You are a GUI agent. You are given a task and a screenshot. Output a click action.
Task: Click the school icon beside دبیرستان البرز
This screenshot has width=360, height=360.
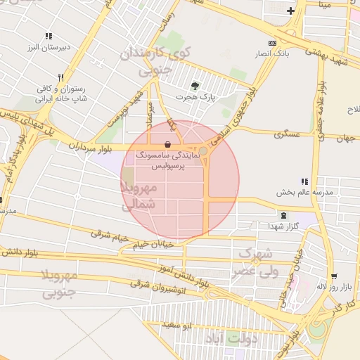click(49, 36)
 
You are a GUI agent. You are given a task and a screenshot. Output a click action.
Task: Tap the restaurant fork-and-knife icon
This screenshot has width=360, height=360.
click(62, 78)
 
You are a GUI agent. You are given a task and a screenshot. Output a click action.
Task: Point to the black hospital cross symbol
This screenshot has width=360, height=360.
click(290, 11)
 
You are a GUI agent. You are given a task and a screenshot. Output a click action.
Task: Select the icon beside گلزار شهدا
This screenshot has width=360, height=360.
click(283, 215)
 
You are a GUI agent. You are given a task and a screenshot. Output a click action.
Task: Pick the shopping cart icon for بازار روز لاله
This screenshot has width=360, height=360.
click(334, 276)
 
